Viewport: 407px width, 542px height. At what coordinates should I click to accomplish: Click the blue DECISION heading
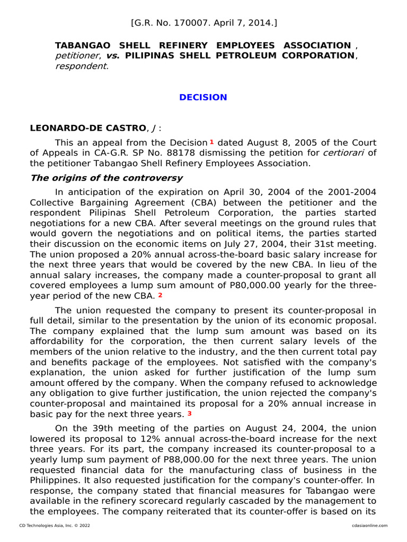203,97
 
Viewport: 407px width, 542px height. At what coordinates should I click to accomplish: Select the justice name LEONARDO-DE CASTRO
86,128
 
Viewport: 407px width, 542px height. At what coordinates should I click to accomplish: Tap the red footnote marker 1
211,142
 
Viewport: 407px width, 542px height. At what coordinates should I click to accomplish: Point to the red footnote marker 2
160,295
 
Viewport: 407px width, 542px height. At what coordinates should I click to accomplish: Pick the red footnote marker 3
189,413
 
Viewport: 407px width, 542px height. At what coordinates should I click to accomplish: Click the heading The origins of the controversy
107,178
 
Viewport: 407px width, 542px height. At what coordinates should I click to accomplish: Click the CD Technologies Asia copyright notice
55,525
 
